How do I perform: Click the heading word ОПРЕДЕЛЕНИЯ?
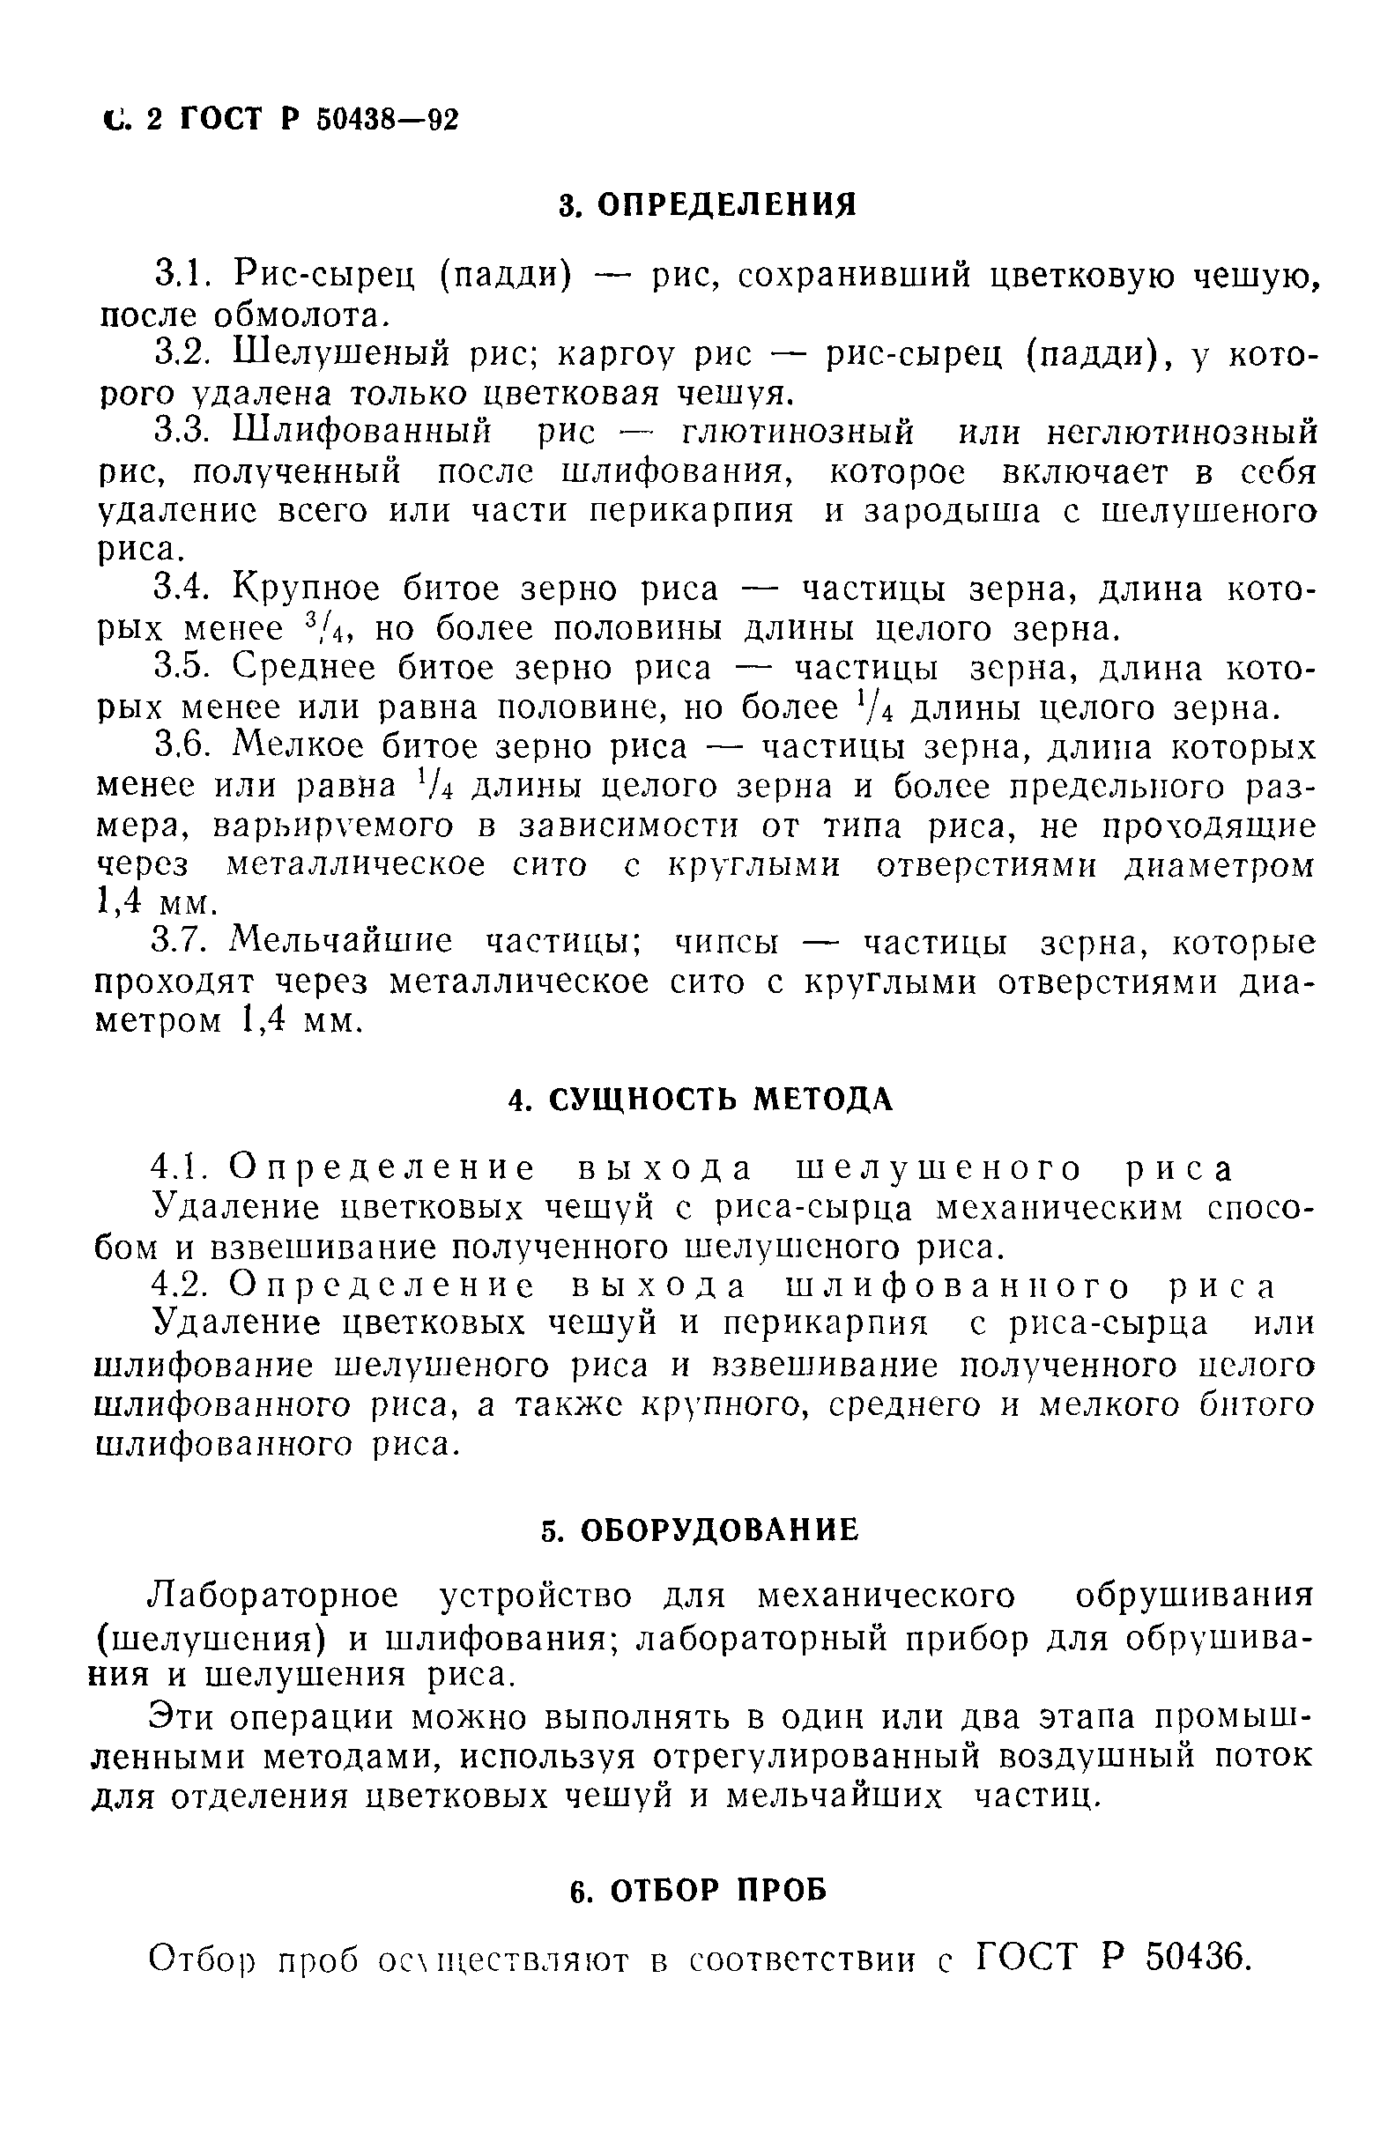point(726,205)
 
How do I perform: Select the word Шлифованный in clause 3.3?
point(362,433)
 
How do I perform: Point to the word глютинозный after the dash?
point(798,433)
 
